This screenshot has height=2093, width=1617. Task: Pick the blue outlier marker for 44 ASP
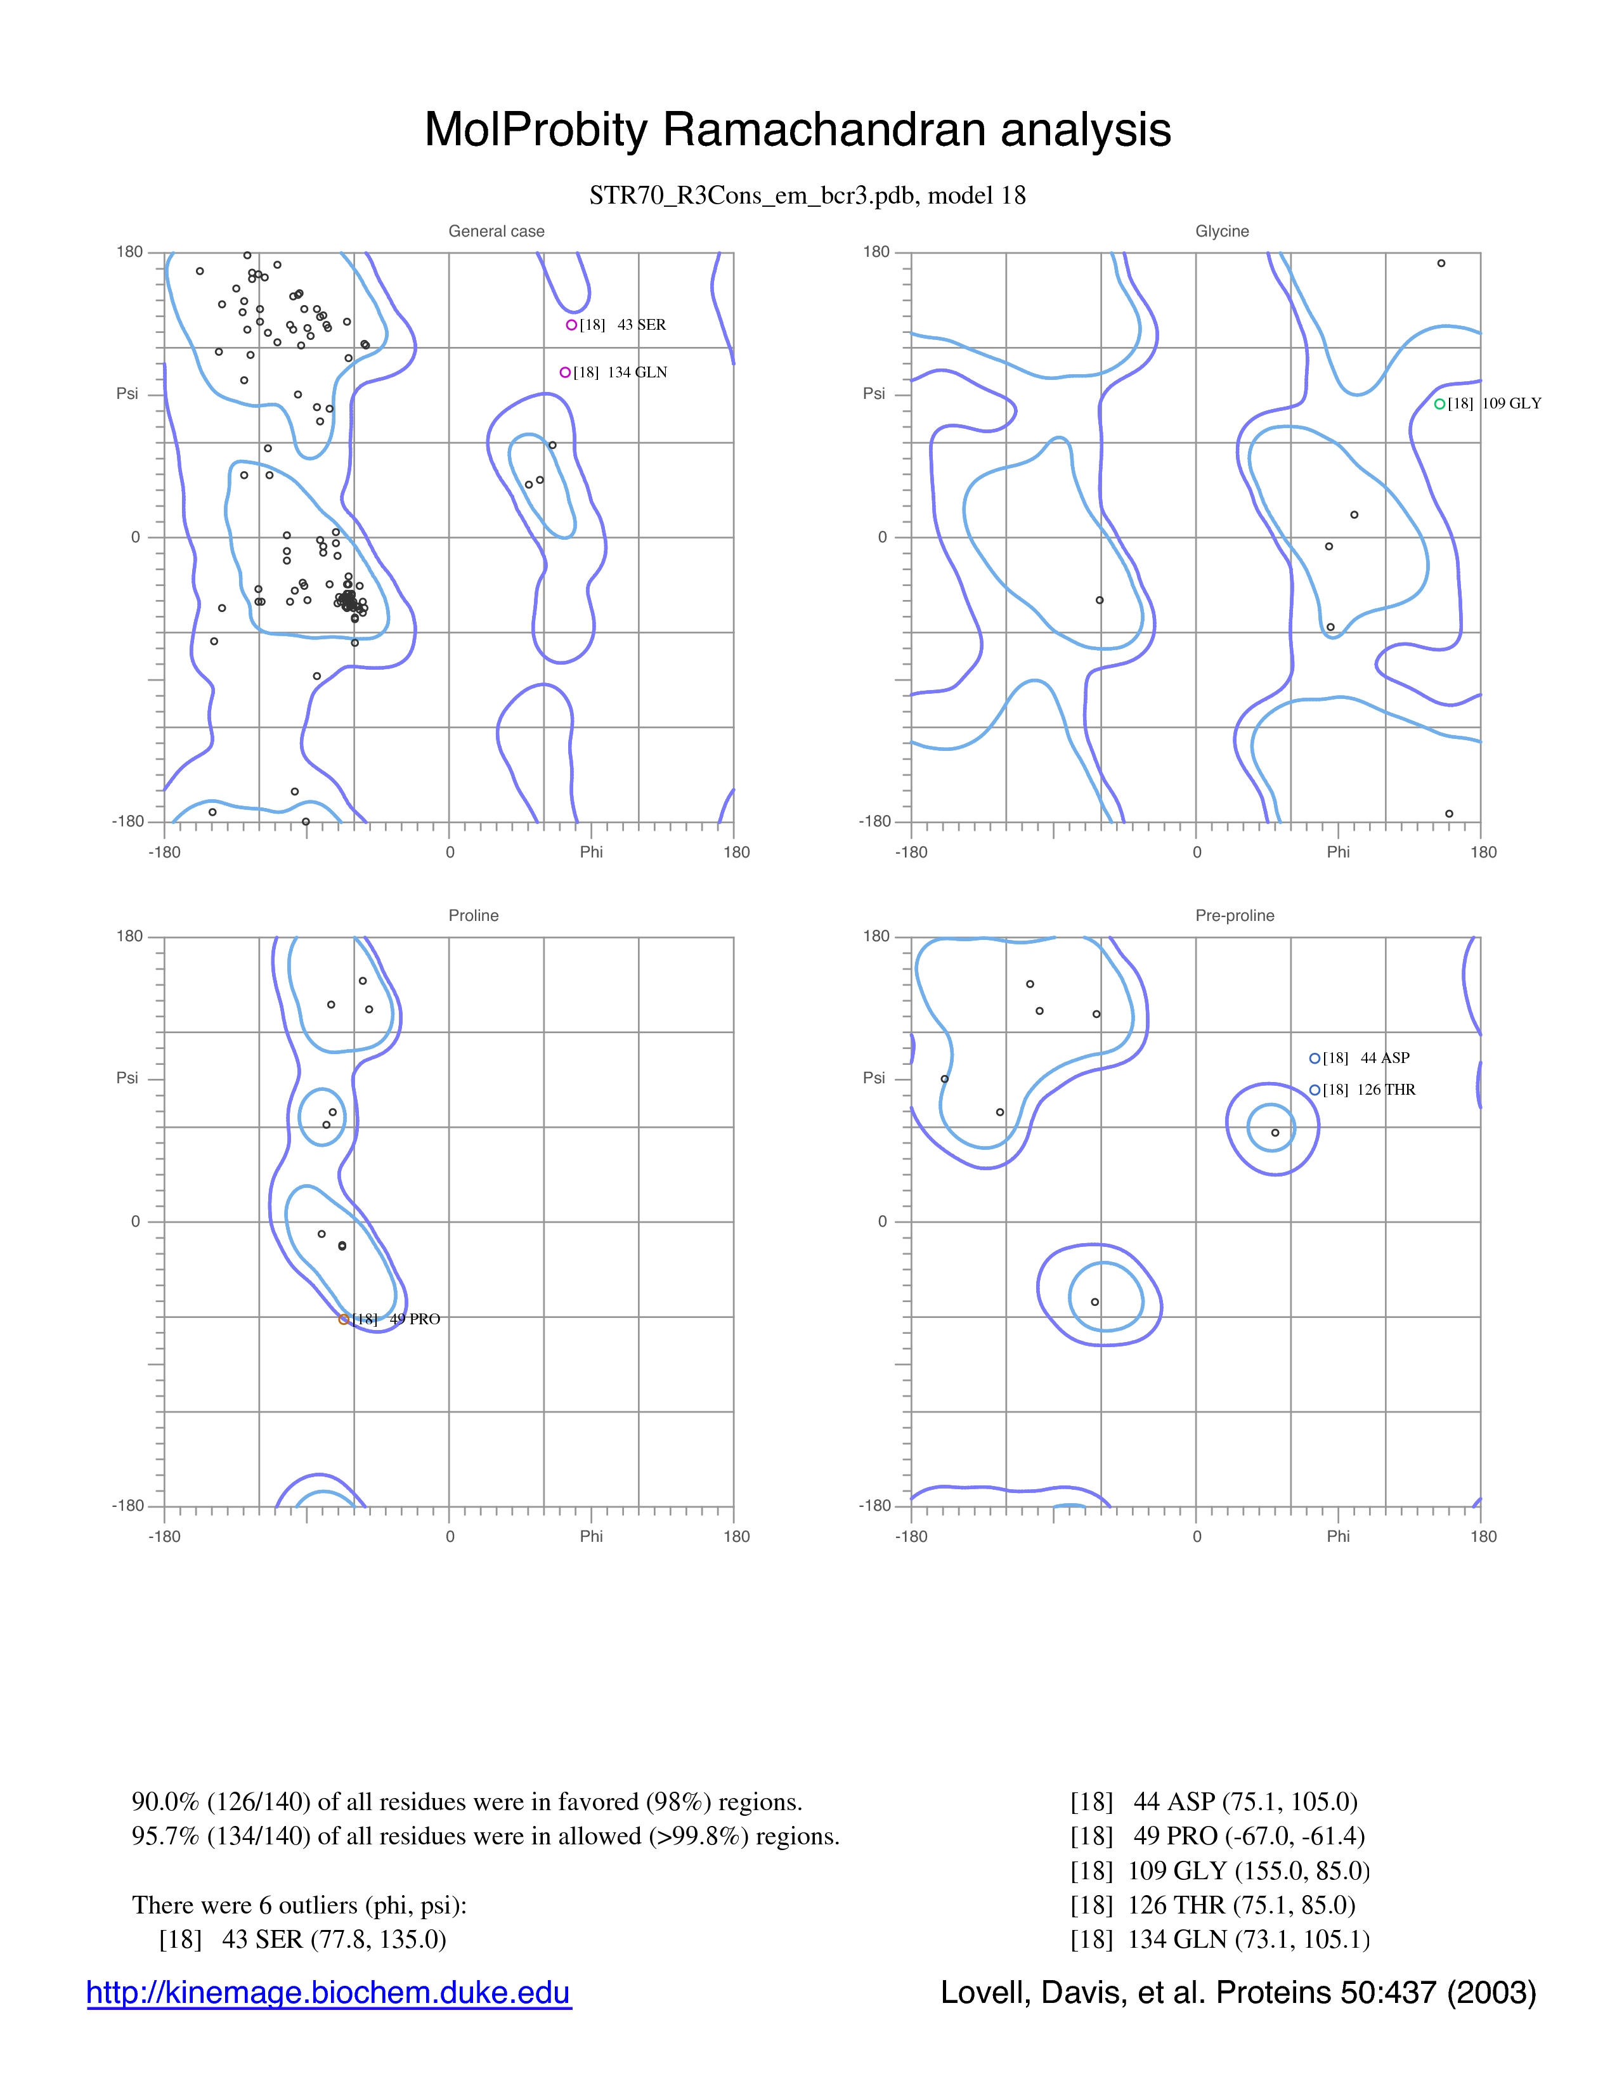click(1315, 1058)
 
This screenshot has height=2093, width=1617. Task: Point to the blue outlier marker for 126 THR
click(1315, 1090)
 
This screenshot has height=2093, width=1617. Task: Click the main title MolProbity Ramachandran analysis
click(798, 129)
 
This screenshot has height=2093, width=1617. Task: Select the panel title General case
click(497, 231)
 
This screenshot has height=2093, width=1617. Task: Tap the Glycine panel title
click(1223, 231)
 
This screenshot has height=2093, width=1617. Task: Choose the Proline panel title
click(473, 915)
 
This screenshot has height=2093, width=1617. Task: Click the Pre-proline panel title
click(1235, 915)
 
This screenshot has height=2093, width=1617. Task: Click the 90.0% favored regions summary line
click(467, 1802)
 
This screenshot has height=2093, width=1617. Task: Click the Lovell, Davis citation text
click(1238, 1992)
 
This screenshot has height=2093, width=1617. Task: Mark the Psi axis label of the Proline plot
click(127, 1078)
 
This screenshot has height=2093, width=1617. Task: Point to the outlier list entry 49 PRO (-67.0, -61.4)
click(1218, 1836)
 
